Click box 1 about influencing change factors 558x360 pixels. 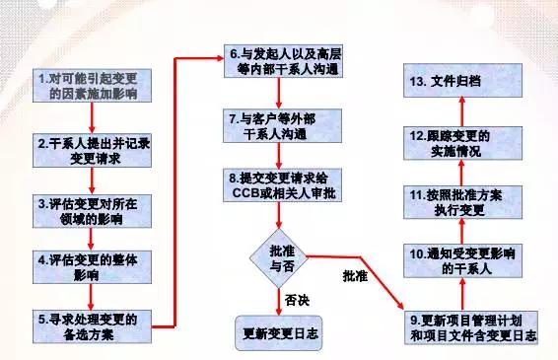[92, 86]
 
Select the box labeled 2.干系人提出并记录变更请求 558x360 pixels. [92, 151]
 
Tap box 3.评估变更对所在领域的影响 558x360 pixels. [92, 211]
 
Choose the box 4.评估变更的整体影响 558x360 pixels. [92, 267]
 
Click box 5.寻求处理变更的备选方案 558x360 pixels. [92, 326]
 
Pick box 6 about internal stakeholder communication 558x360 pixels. [283, 61]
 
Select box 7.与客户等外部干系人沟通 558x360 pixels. [283, 126]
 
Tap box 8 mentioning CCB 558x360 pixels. [283, 185]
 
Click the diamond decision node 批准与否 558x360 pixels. [278, 258]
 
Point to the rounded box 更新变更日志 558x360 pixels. [279, 333]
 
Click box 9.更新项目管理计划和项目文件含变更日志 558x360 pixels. [471, 327]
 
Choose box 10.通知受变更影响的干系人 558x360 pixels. [463, 261]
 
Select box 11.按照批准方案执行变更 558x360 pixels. [463, 202]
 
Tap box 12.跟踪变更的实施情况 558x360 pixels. [463, 143]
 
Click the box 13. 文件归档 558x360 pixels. [463, 81]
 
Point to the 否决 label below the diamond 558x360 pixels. [297, 300]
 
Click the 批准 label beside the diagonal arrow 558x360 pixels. [355, 276]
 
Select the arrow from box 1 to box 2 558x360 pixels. [92, 118]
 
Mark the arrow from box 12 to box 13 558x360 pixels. [462, 111]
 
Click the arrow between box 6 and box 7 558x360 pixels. [279, 94]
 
